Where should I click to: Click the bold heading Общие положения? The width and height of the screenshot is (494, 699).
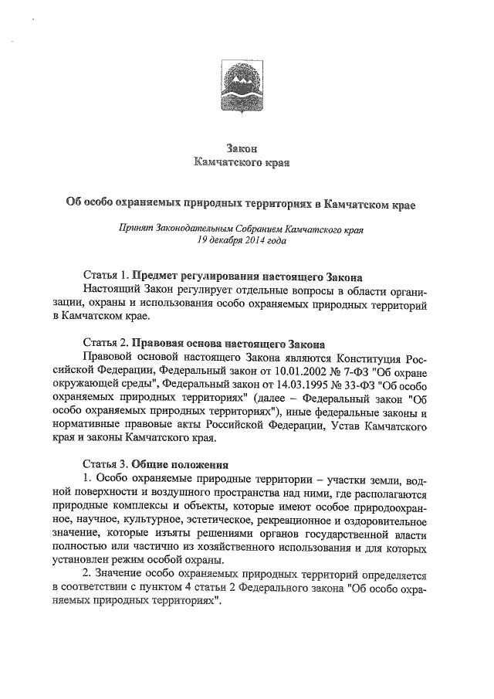click(x=180, y=466)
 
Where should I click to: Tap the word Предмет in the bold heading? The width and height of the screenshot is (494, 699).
click(x=158, y=275)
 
